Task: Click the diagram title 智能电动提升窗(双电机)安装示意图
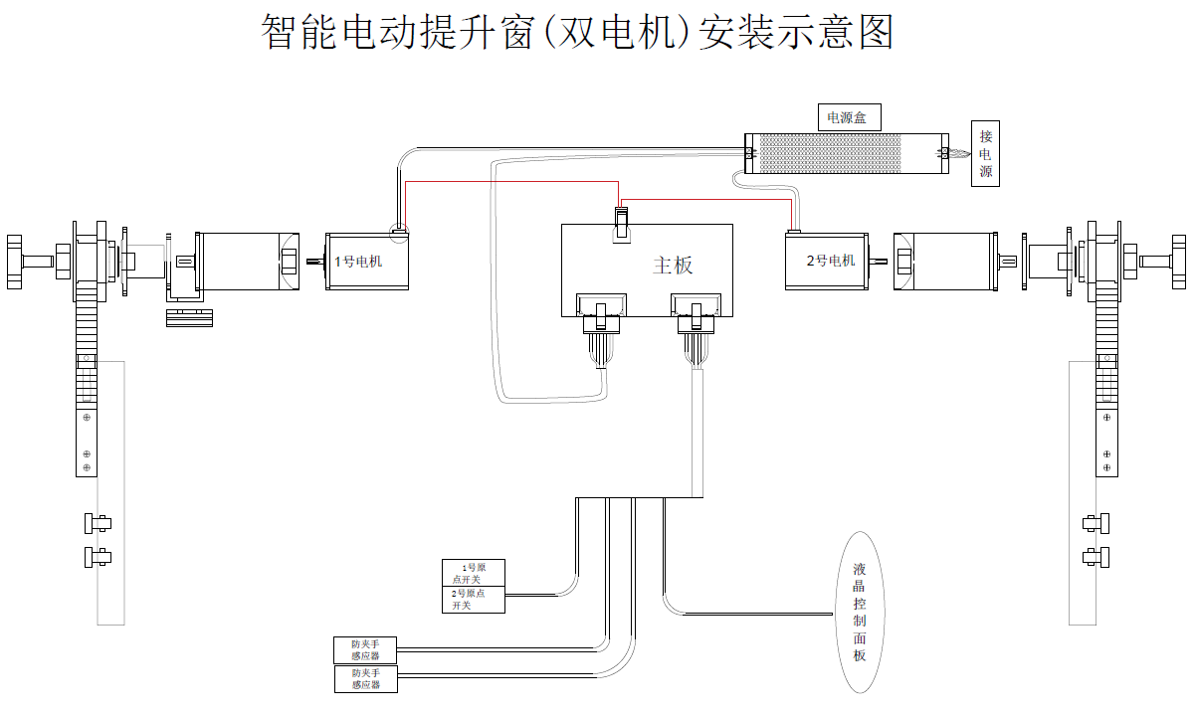click(x=577, y=32)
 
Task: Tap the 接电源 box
click(x=985, y=154)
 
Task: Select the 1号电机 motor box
click(x=368, y=262)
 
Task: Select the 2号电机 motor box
click(x=825, y=262)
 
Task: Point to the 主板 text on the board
click(x=673, y=265)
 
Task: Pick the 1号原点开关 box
click(x=474, y=572)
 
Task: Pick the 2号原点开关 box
click(x=474, y=600)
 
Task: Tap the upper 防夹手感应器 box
click(x=365, y=649)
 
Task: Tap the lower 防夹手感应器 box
click(x=365, y=679)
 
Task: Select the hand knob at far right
click(x=1179, y=262)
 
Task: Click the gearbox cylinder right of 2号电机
click(x=944, y=262)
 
